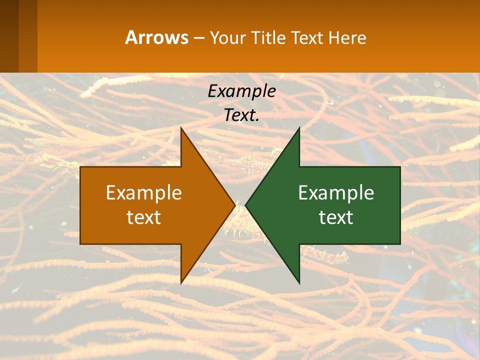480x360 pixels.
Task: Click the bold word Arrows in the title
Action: point(156,37)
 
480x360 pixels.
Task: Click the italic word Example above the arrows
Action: point(241,91)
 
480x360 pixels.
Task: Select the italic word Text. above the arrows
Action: point(241,115)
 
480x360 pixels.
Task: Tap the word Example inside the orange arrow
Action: point(144,192)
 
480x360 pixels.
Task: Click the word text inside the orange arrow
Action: point(144,217)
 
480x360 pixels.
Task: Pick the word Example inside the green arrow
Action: point(336,192)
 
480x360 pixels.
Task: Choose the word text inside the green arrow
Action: point(336,217)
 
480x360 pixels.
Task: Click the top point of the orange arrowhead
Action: point(181,129)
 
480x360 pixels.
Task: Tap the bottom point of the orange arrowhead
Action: point(181,281)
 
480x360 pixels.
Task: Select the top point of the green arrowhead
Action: point(298,129)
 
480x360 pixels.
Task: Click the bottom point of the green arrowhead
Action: point(298,281)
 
